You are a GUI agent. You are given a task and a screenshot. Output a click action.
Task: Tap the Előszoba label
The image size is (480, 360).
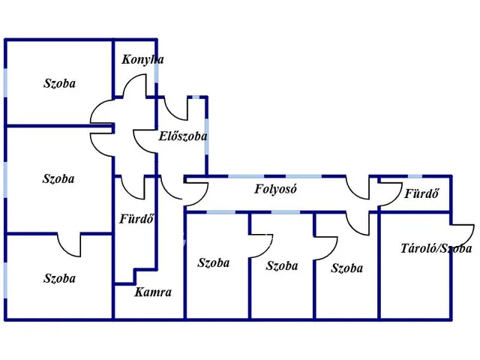(183, 136)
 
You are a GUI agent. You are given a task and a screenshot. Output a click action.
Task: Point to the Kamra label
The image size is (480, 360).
(153, 292)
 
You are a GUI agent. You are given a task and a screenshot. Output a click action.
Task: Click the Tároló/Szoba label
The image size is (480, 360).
(436, 249)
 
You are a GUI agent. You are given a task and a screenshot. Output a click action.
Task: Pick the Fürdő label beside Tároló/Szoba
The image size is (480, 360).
(421, 194)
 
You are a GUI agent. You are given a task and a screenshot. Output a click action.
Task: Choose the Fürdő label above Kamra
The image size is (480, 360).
(136, 220)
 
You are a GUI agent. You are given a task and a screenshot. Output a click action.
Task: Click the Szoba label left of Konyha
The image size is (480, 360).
(59, 84)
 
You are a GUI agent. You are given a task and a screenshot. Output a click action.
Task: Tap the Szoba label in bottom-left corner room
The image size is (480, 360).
(59, 278)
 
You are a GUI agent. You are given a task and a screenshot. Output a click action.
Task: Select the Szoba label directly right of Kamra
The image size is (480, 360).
(214, 262)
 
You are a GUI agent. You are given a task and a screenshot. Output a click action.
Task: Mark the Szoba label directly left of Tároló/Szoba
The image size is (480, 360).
(346, 268)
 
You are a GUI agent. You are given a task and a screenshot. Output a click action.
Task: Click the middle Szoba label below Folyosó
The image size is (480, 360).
(282, 265)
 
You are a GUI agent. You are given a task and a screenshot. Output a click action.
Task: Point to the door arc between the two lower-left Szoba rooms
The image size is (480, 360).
(69, 244)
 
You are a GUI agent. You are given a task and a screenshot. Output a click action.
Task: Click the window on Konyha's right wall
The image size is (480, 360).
(157, 71)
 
